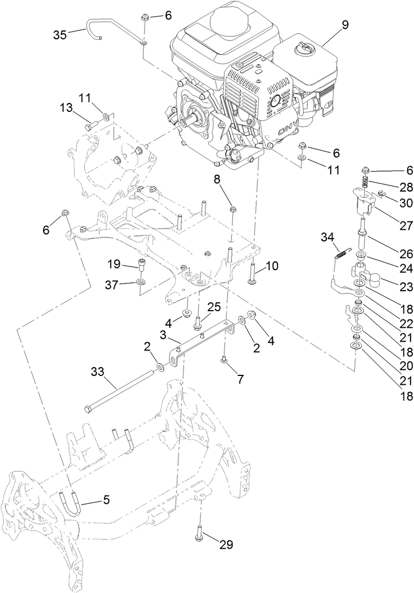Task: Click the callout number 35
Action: pos(60,34)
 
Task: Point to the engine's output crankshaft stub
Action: pos(193,117)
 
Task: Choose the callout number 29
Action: pos(226,545)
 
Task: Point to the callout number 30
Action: pos(391,203)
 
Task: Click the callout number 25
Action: pos(214,307)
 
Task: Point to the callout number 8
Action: pos(217,179)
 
